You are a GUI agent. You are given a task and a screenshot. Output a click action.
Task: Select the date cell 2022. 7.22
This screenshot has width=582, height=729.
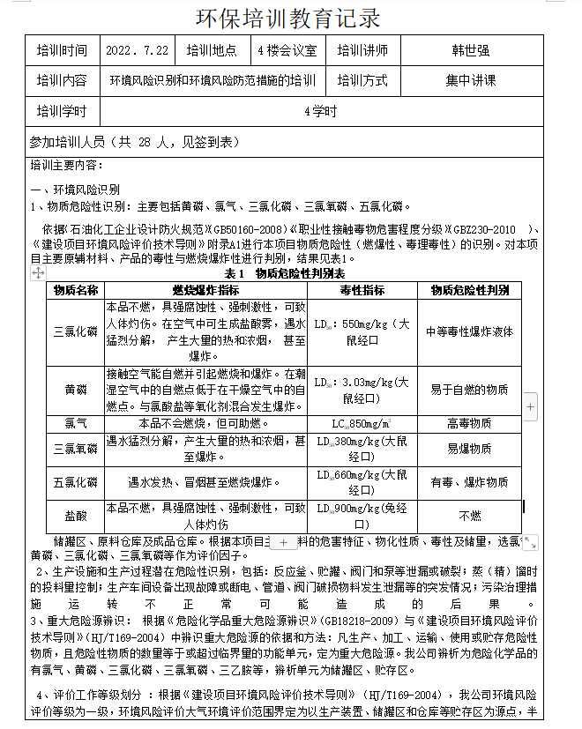pyautogui.click(x=137, y=51)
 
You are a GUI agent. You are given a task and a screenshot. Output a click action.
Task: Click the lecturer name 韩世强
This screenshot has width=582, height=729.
pyautogui.click(x=469, y=51)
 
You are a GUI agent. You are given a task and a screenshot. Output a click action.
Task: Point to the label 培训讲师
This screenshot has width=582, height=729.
pyautogui.click(x=362, y=51)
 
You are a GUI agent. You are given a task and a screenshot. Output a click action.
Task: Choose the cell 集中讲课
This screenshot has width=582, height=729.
pyautogui.click(x=470, y=81)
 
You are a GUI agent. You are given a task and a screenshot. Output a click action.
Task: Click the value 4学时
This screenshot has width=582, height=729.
pyautogui.click(x=319, y=111)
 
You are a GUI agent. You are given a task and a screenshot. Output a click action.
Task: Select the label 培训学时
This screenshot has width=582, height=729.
pyautogui.click(x=62, y=111)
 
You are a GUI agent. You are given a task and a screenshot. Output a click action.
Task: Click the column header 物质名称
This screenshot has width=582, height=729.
pyautogui.click(x=76, y=290)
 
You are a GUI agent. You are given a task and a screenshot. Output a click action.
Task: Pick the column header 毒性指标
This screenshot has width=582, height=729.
pyautogui.click(x=362, y=290)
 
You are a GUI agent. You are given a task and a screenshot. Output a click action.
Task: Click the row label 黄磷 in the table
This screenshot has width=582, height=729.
pyautogui.click(x=76, y=389)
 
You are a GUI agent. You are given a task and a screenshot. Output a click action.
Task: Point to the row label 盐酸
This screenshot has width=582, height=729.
pyautogui.click(x=76, y=515)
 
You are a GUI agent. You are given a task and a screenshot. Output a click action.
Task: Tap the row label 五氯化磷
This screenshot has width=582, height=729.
pyautogui.click(x=76, y=482)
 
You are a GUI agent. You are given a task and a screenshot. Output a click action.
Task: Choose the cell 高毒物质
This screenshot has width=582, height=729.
pyautogui.click(x=469, y=423)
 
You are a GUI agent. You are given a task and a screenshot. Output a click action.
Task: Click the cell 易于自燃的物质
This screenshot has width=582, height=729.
pyautogui.click(x=469, y=389)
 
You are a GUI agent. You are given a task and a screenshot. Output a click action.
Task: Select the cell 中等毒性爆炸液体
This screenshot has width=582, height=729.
pyautogui.click(x=469, y=331)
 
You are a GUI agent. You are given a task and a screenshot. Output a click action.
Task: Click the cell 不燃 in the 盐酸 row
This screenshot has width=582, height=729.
pyautogui.click(x=469, y=515)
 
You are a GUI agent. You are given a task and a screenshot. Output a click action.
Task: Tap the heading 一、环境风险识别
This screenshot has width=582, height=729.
pyautogui.click(x=75, y=190)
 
